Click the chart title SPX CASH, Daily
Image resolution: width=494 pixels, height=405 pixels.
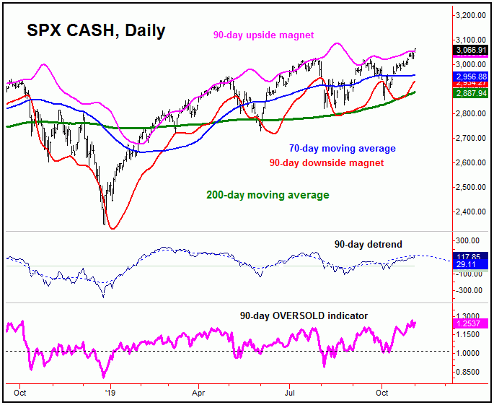(96, 30)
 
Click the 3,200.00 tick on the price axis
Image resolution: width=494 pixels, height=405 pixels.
(468, 15)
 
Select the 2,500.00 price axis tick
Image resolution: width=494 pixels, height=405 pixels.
(468, 187)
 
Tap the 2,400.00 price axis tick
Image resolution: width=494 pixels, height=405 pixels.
(468, 212)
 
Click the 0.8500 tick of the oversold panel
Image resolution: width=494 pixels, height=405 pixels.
(468, 372)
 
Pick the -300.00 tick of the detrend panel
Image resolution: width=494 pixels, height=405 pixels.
(468, 290)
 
